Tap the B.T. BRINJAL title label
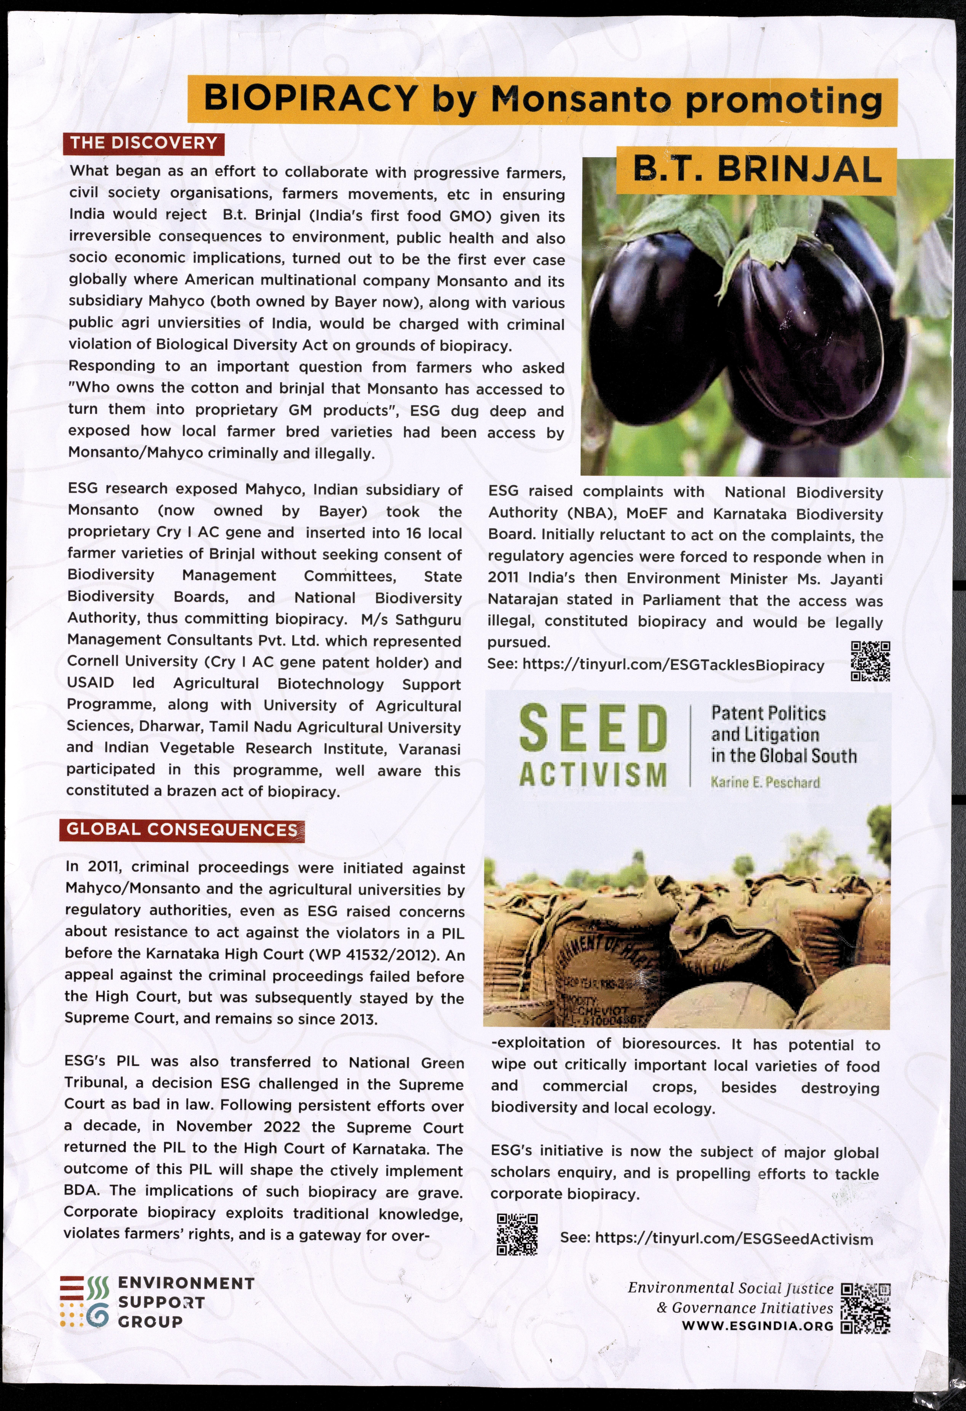[x=757, y=170]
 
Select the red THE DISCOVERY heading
[x=143, y=143]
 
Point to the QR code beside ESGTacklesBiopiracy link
[x=870, y=661]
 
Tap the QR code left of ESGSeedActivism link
[x=517, y=1234]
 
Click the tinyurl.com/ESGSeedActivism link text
[x=734, y=1239]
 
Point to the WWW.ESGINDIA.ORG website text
[x=758, y=1326]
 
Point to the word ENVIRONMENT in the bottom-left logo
[x=186, y=1283]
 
